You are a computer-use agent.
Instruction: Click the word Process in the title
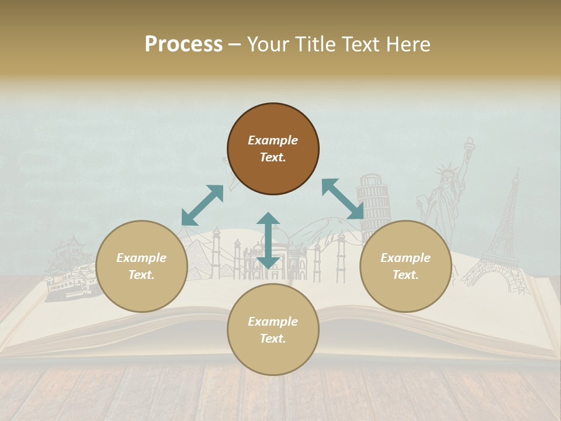pos(183,44)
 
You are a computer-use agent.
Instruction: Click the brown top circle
pos(273,149)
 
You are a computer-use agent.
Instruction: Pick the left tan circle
pos(141,266)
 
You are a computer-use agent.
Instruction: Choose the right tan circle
pos(406,266)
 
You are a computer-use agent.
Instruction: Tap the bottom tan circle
pos(273,330)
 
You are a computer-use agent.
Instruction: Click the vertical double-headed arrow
pos(268,240)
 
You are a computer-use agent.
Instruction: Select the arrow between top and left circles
pos(202,205)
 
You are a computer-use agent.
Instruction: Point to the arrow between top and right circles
pos(343,199)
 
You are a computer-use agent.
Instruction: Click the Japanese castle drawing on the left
pos(70,269)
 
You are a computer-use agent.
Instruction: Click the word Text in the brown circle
pos(273,157)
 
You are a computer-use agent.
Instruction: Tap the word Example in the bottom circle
pos(273,322)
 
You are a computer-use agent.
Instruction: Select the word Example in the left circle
pos(141,258)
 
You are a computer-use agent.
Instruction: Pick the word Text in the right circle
pos(406,275)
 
